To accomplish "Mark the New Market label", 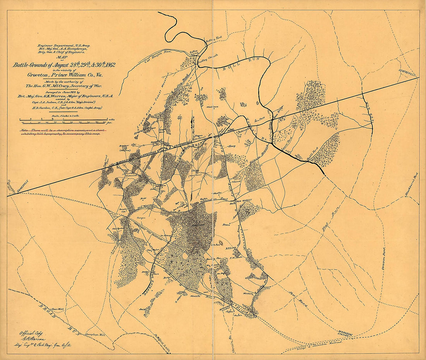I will tap(245, 201).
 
